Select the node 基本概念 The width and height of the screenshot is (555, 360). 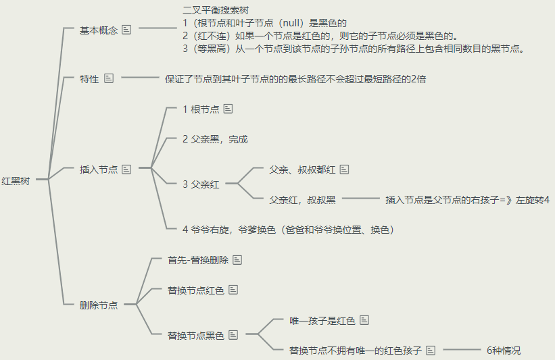click(x=99, y=30)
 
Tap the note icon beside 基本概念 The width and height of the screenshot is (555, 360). click(x=126, y=30)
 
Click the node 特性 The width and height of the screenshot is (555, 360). click(x=89, y=79)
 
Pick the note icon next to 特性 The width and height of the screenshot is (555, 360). click(x=110, y=79)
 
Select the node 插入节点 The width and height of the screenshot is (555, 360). click(x=99, y=170)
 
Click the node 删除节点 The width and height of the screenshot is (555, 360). click(x=99, y=305)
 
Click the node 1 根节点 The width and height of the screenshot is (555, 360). click(x=200, y=109)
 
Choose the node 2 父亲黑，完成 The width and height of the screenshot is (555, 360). click(x=215, y=139)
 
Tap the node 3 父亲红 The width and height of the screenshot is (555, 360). click(x=201, y=184)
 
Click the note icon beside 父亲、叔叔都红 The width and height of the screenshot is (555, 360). click(x=345, y=170)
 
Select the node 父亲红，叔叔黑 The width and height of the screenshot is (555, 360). click(x=302, y=200)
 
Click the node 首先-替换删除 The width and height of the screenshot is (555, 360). click(x=198, y=260)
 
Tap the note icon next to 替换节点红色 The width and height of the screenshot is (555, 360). click(x=233, y=290)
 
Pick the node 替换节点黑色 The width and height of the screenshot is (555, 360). click(x=195, y=335)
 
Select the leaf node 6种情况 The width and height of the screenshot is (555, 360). click(x=504, y=351)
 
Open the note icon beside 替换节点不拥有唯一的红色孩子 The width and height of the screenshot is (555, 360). click(x=431, y=351)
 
